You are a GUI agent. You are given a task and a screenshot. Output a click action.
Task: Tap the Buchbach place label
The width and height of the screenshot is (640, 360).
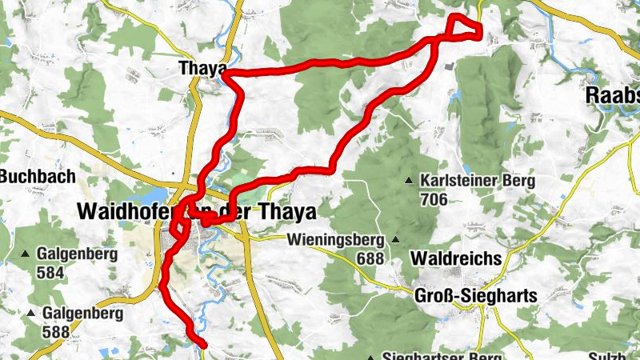click(38, 176)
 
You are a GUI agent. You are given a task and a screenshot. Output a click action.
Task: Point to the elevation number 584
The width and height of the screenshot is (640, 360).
click(50, 272)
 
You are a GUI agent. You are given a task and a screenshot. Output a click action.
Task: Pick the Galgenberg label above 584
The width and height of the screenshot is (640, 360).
click(77, 255)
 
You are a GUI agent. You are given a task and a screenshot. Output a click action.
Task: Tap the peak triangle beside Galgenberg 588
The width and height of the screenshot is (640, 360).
click(31, 312)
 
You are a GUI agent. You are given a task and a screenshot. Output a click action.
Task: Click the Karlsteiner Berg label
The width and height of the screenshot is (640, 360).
click(477, 181)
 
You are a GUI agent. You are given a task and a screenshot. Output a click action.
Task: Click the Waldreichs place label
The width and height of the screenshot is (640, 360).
click(455, 258)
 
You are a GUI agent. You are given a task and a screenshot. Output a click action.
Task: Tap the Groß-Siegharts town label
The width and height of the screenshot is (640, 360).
click(475, 296)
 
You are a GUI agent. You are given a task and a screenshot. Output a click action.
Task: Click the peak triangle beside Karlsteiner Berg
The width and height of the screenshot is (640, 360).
click(410, 180)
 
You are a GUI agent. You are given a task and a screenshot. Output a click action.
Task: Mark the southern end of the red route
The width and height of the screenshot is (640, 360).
click(203, 345)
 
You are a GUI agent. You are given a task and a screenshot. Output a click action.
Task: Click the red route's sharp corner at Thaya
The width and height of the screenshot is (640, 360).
click(226, 74)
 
